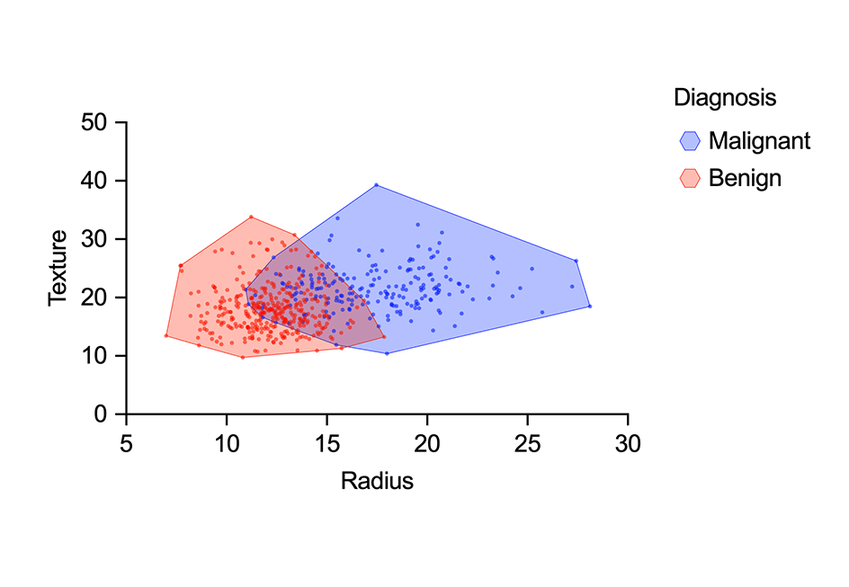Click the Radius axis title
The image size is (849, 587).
377,481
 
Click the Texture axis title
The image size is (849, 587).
58,268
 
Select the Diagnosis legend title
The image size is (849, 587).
725,97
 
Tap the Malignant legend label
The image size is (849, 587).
759,141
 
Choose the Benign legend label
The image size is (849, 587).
745,178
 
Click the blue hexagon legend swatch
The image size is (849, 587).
690,141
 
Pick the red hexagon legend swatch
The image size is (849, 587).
690,178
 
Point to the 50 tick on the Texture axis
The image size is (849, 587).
94,122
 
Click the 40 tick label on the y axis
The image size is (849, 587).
94,181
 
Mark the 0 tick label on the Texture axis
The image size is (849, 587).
101,414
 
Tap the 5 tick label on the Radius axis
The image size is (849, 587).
126,443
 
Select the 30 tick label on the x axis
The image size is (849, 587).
628,443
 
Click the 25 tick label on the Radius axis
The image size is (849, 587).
527,443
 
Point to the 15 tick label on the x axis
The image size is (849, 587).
326,443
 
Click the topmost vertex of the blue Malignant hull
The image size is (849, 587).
376,185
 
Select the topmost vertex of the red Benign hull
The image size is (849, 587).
251,217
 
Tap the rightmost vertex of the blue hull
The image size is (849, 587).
590,307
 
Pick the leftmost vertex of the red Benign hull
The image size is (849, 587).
166,335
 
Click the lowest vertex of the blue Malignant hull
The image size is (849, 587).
387,353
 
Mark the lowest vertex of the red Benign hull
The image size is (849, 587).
242,358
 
